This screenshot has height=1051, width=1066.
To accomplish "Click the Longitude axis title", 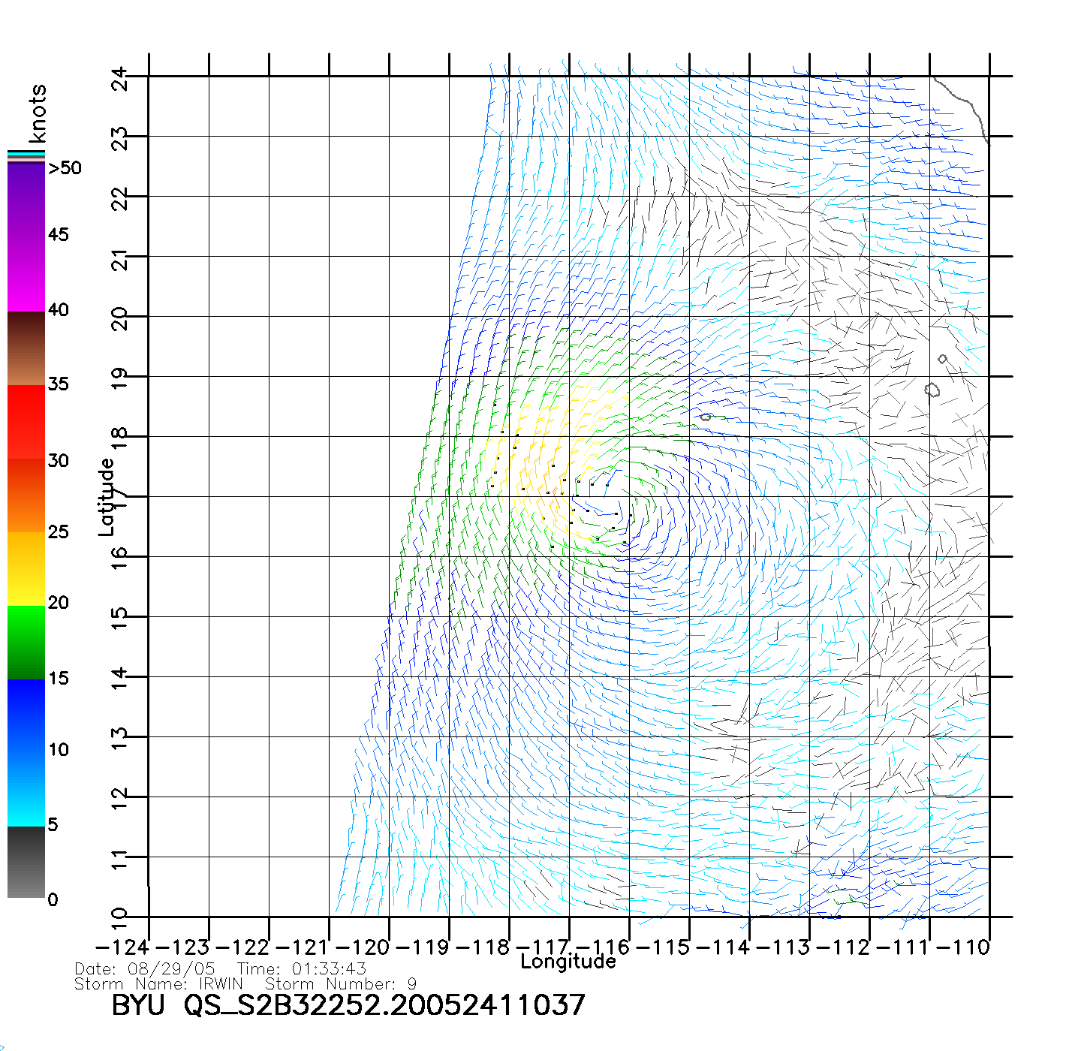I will click(x=568, y=962).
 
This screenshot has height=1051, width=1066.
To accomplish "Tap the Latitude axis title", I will click(x=107, y=497).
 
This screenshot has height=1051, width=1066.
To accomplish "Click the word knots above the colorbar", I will click(x=38, y=113).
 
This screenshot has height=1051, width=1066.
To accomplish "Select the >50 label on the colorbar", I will click(x=65, y=168).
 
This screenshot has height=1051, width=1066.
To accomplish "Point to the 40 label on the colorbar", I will click(x=58, y=310).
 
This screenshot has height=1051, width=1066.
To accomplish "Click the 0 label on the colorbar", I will click(x=53, y=900).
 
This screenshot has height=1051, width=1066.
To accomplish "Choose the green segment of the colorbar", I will click(x=26, y=642).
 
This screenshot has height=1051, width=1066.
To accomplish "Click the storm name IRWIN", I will click(x=221, y=984).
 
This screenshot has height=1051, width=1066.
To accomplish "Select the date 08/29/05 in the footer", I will click(x=172, y=969).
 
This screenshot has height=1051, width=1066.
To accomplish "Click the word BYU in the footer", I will click(x=138, y=1005).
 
